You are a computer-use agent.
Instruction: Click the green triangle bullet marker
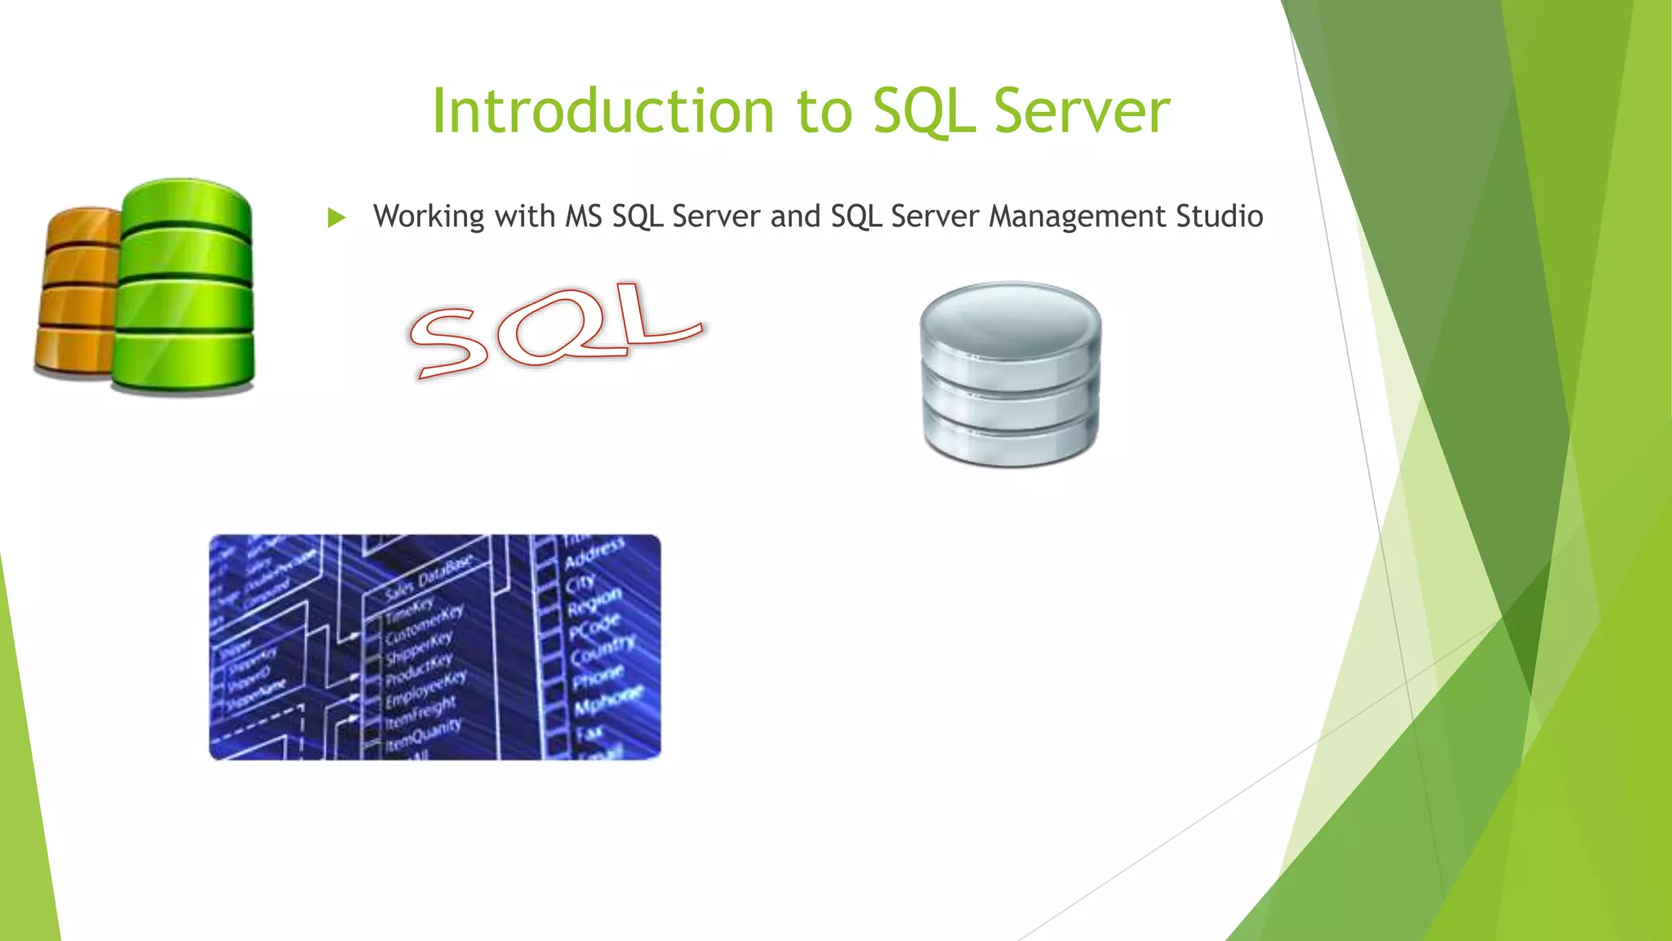[336, 217]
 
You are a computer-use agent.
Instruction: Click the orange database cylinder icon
[78, 294]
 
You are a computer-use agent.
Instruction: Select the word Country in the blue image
[603, 650]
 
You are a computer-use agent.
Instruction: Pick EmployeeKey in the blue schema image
[425, 689]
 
